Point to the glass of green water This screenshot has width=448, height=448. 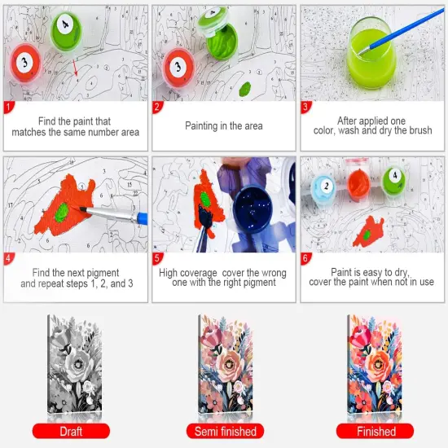click(x=373, y=51)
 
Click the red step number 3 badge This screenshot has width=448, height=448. click(x=306, y=107)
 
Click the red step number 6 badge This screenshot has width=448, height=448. click(x=306, y=259)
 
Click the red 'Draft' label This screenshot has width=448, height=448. click(x=71, y=431)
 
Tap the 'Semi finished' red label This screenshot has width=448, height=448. click(x=225, y=431)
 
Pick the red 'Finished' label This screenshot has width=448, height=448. click(x=376, y=431)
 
